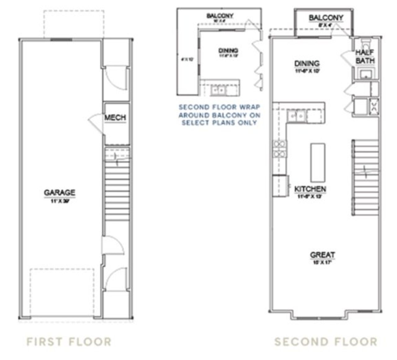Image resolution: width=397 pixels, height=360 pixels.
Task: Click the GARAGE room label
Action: tap(60, 192)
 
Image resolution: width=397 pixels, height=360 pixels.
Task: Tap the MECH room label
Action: tap(115, 118)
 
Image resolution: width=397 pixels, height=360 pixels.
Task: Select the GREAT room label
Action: tap(323, 255)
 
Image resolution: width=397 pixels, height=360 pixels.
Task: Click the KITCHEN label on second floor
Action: tap(310, 189)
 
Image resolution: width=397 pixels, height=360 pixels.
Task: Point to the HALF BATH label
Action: tap(365, 56)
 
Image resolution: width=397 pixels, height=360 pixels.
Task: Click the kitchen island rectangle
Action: tap(318, 163)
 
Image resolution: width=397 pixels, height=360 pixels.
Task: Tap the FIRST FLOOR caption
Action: tap(69, 342)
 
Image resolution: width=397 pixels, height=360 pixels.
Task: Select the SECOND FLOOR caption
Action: tap(326, 342)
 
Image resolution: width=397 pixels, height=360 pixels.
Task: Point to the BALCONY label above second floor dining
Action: tap(326, 18)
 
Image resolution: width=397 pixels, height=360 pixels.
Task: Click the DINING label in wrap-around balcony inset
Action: tap(228, 50)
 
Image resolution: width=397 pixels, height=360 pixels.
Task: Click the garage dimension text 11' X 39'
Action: tap(60, 201)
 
